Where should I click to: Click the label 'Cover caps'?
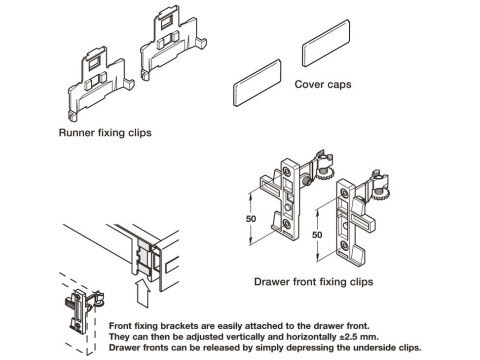pyautogui.click(x=324, y=86)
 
